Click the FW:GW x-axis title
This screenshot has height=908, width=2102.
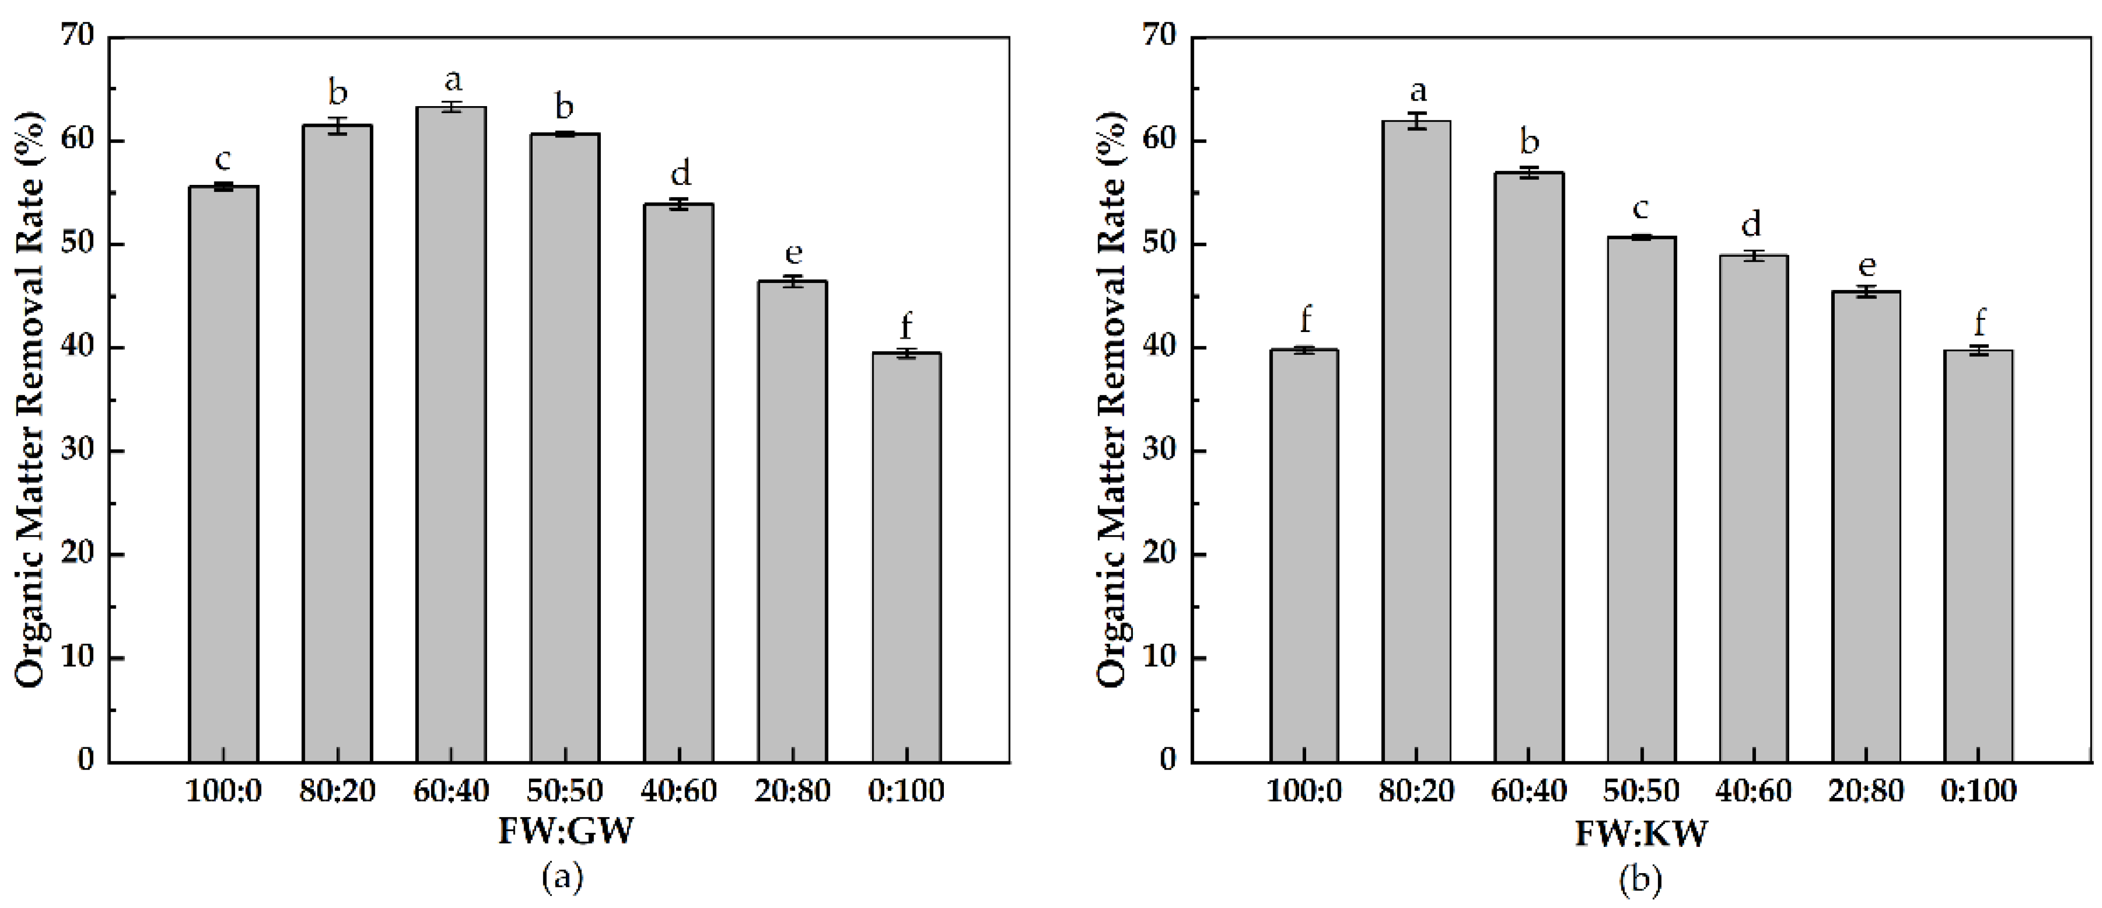click(565, 832)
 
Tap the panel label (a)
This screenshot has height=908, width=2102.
click(563, 877)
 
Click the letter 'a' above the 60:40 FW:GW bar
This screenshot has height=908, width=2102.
click(452, 81)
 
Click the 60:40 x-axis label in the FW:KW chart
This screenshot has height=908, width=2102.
click(1529, 791)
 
